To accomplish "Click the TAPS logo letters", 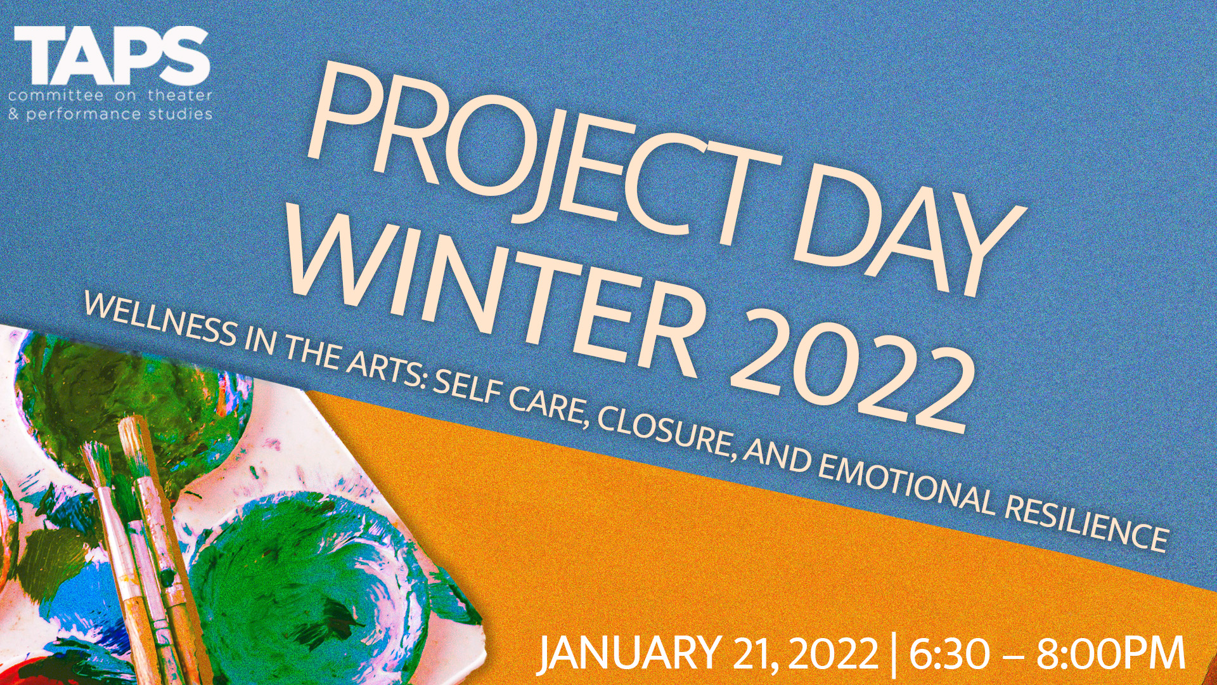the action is pyautogui.click(x=112, y=55).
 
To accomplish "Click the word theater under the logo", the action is pyautogui.click(x=180, y=96).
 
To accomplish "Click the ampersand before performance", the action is pyautogui.click(x=13, y=114).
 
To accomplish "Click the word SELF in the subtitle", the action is pyautogui.click(x=465, y=388).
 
